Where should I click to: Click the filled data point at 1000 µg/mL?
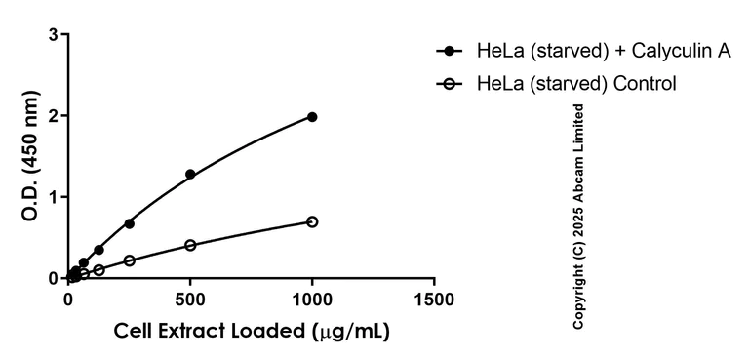(x=312, y=117)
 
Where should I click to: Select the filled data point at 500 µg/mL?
(x=190, y=174)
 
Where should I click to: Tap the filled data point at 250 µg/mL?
(x=129, y=223)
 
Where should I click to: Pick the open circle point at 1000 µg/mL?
(x=312, y=221)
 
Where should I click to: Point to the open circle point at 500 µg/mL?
(x=190, y=245)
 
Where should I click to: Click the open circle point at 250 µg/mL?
(x=129, y=260)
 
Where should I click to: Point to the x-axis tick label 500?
(x=190, y=298)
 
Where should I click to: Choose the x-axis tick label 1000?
(x=312, y=298)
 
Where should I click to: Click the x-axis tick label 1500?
(x=434, y=298)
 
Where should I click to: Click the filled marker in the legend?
(x=450, y=51)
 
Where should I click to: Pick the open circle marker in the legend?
(x=450, y=84)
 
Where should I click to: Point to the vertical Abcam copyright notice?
(x=578, y=215)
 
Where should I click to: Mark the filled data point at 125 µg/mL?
(x=99, y=250)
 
